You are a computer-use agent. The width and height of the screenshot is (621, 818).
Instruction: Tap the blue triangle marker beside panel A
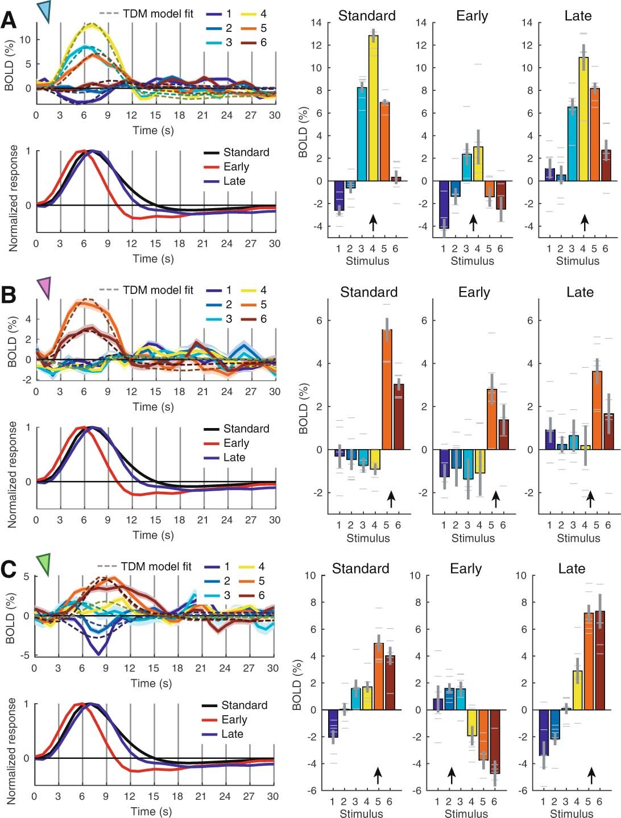tap(44, 11)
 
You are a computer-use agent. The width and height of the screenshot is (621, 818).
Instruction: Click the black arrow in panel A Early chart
tap(473, 223)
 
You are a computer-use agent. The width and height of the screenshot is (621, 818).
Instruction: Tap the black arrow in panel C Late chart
tap(592, 775)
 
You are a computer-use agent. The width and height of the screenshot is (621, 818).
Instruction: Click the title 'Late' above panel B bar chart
tap(579, 292)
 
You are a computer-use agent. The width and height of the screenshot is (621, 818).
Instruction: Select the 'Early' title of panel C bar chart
tap(466, 568)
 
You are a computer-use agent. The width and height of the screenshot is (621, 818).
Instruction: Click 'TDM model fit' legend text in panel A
tap(158, 14)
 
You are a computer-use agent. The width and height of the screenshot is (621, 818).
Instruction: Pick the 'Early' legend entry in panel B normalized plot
tap(236, 443)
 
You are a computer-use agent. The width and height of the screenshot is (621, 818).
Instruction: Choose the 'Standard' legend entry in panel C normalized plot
tap(244, 705)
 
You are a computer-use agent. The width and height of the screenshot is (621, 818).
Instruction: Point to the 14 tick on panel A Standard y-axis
tap(316, 23)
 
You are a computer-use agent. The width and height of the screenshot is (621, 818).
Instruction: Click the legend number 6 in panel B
tap(263, 319)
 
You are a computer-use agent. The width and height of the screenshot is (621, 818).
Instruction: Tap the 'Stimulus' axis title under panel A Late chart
tap(577, 261)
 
